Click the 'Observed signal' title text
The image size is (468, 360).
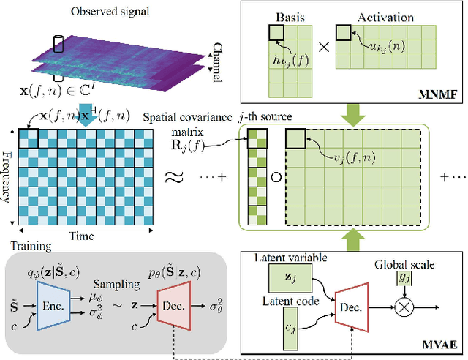coord(112,12)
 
